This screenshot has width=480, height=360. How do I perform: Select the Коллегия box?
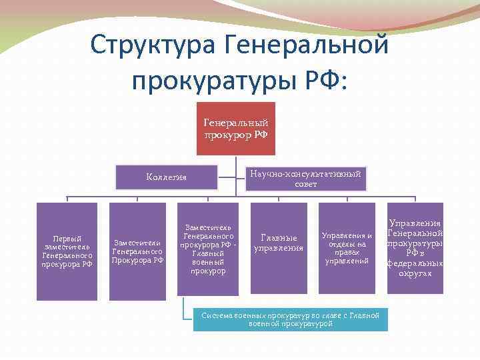(167, 177)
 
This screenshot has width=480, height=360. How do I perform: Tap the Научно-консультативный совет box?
(305, 178)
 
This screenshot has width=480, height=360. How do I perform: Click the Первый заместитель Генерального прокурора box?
(66, 250)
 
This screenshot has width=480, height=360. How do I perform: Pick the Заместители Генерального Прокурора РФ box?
(138, 250)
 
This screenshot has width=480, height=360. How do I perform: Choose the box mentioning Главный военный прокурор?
(208, 248)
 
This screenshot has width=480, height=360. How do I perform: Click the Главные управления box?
(279, 243)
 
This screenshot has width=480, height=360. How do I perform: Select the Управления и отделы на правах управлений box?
(347, 248)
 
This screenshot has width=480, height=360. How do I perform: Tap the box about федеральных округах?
(415, 248)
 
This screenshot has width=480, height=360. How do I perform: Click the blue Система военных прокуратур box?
(290, 319)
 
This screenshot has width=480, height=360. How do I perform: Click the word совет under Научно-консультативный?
(305, 184)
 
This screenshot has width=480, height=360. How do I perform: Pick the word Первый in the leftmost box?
(67, 238)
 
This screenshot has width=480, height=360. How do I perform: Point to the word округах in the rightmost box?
(415, 273)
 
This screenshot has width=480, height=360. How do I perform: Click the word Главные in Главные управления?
(279, 237)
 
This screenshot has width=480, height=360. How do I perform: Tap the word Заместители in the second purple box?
(138, 243)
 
